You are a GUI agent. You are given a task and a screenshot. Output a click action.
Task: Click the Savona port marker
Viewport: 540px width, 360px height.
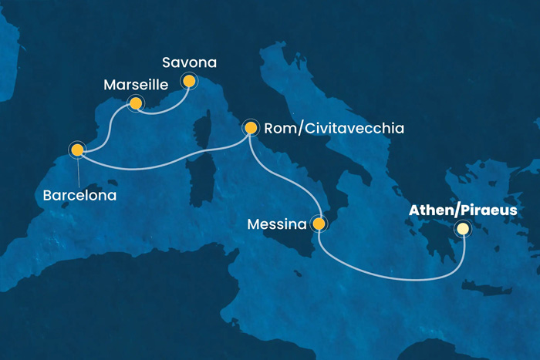coord(188,79)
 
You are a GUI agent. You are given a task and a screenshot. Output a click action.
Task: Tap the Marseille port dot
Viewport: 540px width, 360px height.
coord(136,103)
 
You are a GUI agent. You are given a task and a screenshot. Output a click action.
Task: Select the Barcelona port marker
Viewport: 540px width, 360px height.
coord(77,150)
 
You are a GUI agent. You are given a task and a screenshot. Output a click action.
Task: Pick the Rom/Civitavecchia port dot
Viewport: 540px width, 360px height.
coord(250,128)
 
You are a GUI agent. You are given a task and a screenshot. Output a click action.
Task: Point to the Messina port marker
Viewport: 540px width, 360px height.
coord(318,224)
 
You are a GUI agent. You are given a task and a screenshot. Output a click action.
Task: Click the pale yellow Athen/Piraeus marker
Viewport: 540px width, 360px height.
coord(462,228)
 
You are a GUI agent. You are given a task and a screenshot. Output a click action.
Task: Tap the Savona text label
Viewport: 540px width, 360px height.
coord(191,61)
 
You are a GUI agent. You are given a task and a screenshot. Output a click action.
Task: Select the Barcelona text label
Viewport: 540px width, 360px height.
coord(79,195)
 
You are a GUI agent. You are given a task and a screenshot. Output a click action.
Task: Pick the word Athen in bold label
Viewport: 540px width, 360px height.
coord(430,210)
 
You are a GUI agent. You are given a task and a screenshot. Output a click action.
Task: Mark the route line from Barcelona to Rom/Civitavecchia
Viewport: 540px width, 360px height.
coord(154,167)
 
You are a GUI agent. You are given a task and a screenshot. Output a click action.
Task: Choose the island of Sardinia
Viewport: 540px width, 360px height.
coord(202,176)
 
